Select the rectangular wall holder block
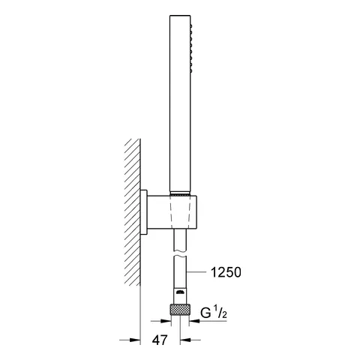click(x=180, y=217)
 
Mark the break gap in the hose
click(x=180, y=254)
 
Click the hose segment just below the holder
click(x=180, y=242)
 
